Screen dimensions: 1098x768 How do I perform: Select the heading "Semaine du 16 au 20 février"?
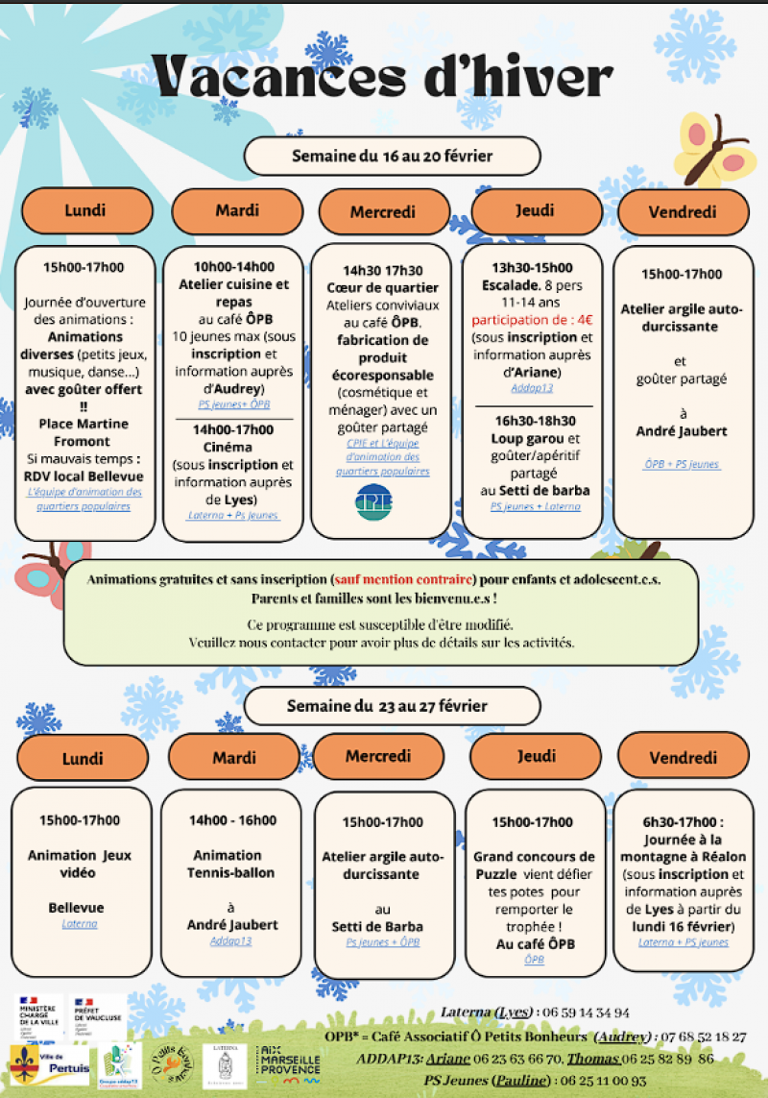point(392,155)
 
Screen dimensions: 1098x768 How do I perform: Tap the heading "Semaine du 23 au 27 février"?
point(386,706)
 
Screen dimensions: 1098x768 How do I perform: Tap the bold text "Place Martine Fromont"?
point(84,431)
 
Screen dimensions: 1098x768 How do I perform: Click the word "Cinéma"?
point(228,447)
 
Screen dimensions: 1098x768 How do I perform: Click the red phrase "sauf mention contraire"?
point(403,580)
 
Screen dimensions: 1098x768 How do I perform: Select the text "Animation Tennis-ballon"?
point(228,864)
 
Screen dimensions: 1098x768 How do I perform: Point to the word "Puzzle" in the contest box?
point(497,874)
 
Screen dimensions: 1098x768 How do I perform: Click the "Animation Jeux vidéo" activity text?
point(80,864)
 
